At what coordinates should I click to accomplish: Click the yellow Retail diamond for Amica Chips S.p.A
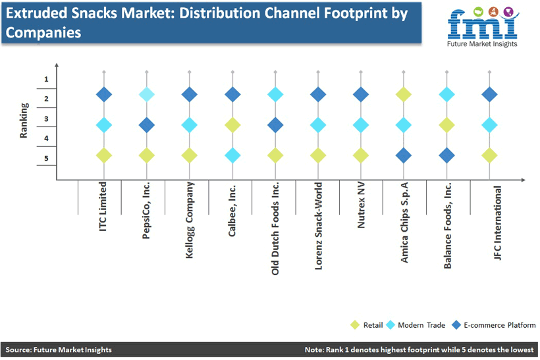click(404, 94)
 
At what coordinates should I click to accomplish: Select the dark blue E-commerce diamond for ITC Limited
click(104, 94)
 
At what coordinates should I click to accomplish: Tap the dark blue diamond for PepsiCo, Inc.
click(147, 125)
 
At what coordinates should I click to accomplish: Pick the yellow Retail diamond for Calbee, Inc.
click(232, 125)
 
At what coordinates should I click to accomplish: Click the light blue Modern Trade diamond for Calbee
click(232, 155)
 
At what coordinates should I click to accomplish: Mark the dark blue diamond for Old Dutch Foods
click(275, 125)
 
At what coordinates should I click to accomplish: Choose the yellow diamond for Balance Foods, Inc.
click(446, 125)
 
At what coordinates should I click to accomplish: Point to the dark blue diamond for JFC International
click(489, 94)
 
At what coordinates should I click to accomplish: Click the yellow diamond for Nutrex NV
click(361, 155)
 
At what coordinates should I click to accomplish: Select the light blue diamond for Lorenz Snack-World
click(318, 125)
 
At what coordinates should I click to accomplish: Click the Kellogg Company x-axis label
click(190, 220)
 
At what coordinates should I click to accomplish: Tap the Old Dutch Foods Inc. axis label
click(275, 228)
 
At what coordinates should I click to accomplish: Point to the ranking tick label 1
click(46, 79)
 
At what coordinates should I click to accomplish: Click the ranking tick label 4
click(46, 138)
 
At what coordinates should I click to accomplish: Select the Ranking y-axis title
click(24, 120)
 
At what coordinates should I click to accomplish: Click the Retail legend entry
click(366, 325)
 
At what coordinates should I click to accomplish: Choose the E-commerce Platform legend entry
click(494, 325)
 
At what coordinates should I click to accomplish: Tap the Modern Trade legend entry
click(416, 325)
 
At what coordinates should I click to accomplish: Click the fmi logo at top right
click(483, 27)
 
